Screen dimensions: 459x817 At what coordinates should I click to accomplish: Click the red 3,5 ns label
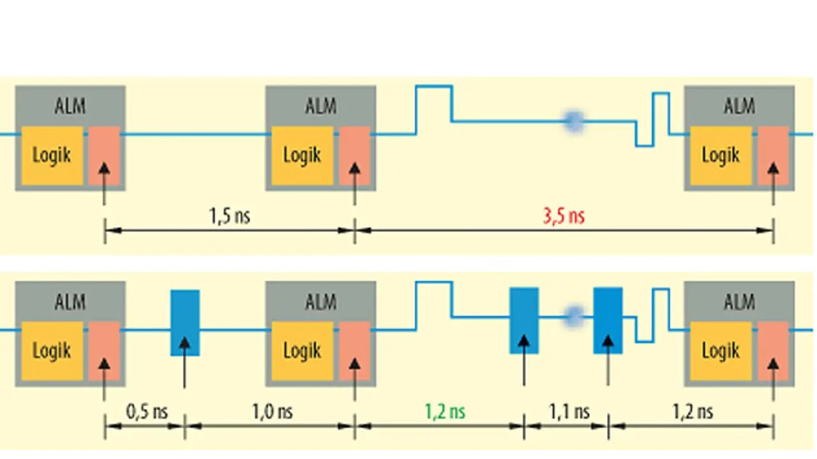[x=564, y=216]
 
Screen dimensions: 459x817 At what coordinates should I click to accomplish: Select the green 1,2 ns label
[x=445, y=412]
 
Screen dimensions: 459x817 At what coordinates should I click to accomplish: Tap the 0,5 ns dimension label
[x=146, y=412]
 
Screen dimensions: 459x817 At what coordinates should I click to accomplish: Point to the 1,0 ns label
[x=271, y=412]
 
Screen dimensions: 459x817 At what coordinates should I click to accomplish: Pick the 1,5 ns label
[x=230, y=216]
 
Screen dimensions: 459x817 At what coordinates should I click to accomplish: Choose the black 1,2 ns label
[x=692, y=412]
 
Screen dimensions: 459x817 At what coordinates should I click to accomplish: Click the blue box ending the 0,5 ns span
[x=184, y=322]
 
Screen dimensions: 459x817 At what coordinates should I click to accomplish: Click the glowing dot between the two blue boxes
[x=573, y=314]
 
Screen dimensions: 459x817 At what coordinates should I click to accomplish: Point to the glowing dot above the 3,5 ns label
[x=573, y=119]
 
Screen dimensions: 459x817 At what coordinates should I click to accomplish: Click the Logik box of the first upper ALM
[x=52, y=155]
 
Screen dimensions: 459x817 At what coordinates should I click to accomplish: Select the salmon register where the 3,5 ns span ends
[x=773, y=155]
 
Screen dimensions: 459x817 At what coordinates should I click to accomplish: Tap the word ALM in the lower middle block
[x=320, y=301]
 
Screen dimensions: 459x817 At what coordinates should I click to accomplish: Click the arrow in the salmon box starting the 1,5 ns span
[x=104, y=172]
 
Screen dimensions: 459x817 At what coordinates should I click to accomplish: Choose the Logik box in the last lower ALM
[x=721, y=351]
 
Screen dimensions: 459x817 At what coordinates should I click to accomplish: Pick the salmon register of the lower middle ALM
[x=354, y=351]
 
